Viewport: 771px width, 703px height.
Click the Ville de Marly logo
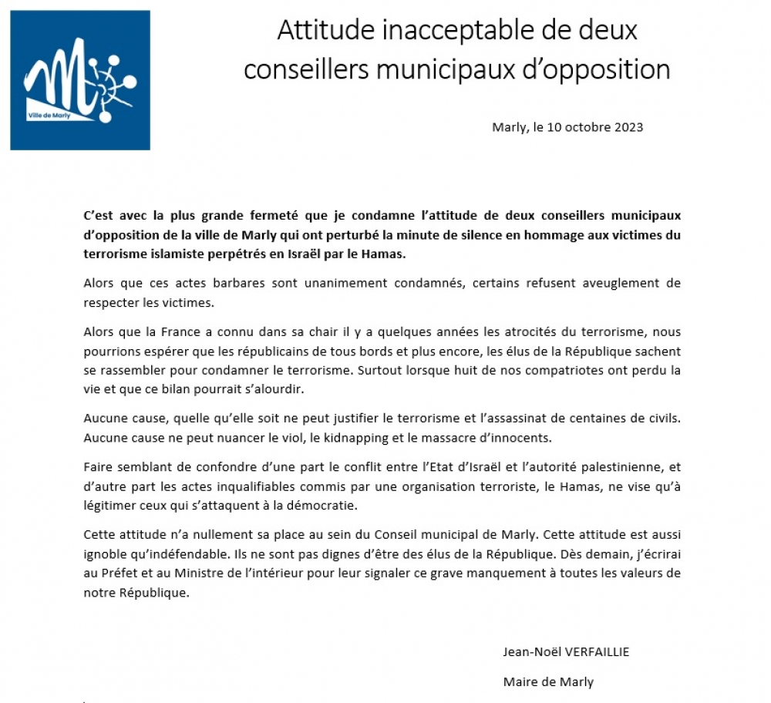click(x=80, y=80)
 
